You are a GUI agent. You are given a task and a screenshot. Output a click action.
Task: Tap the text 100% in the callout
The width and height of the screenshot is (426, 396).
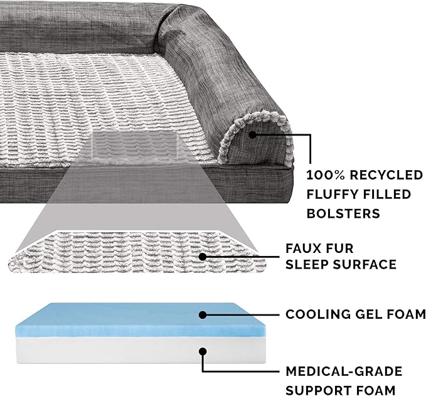[322, 174]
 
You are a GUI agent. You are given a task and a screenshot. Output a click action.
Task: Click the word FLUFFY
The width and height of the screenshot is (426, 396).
[331, 194]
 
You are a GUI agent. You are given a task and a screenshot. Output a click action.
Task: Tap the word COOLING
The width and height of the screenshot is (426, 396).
[317, 314]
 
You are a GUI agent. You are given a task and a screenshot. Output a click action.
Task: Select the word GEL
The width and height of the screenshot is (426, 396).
[368, 314]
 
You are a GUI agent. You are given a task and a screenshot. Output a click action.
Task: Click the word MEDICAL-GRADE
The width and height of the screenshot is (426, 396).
[344, 372]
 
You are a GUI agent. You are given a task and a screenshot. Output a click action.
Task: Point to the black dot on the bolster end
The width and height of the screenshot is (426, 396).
[252, 134]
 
